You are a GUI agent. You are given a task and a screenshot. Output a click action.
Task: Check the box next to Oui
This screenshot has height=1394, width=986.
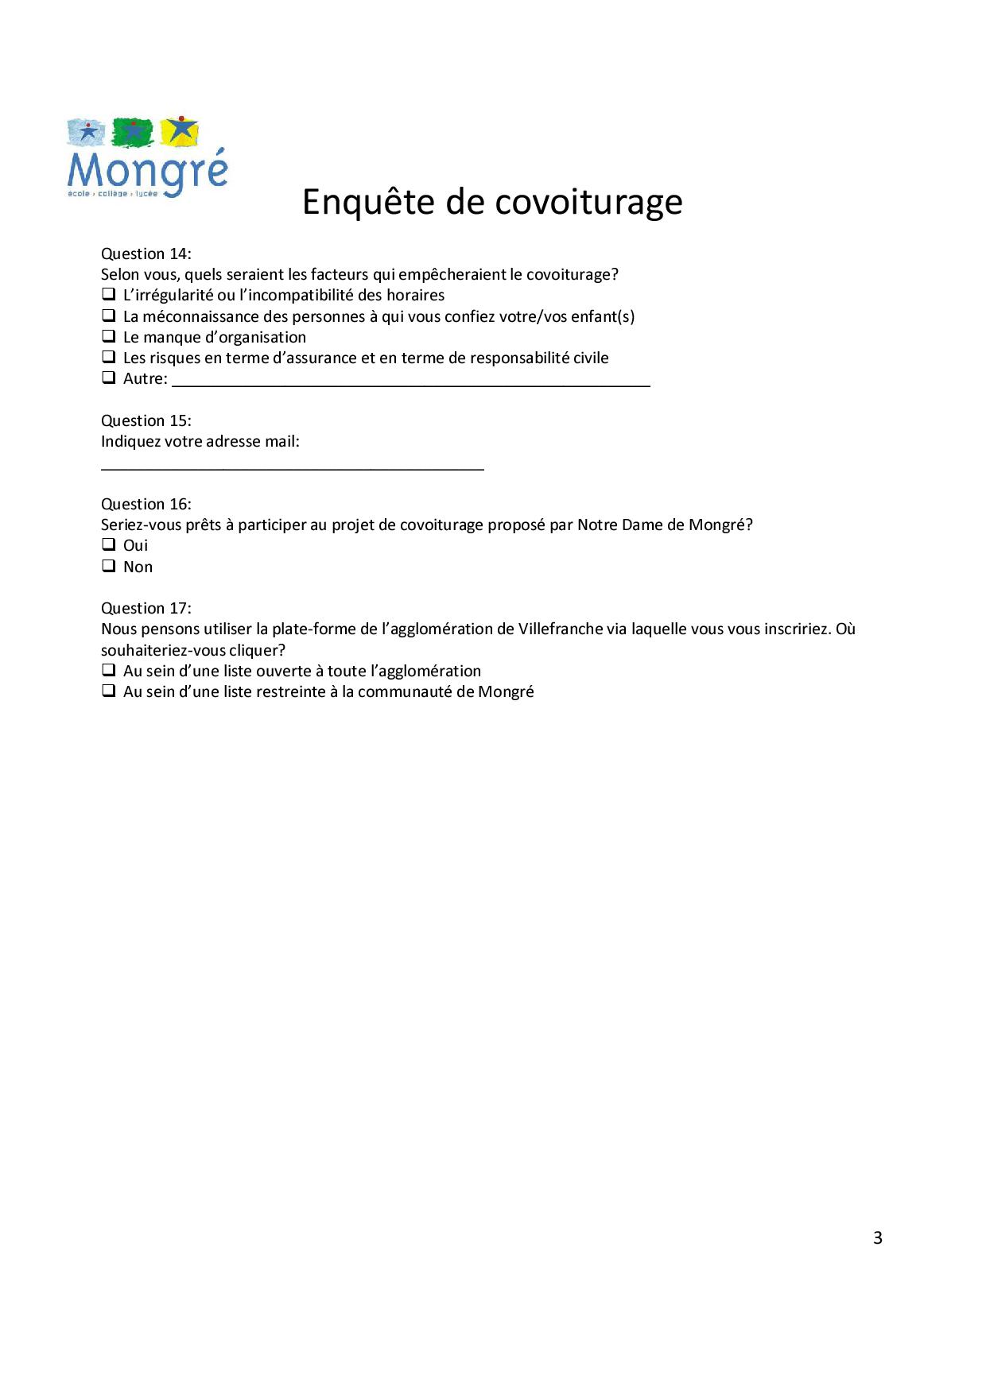click(108, 545)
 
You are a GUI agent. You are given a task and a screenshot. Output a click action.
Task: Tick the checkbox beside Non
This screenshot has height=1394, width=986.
click(108, 566)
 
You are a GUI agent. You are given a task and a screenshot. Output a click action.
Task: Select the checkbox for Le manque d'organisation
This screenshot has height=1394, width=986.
click(108, 336)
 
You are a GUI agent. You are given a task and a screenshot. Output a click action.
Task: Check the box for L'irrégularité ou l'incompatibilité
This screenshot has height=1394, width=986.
click(108, 294)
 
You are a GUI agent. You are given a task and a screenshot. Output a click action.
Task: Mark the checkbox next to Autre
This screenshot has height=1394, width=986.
click(108, 378)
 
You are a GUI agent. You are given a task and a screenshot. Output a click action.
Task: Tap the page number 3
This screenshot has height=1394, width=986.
click(878, 1237)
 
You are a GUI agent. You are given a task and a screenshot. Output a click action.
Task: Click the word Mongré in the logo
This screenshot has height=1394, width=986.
click(148, 171)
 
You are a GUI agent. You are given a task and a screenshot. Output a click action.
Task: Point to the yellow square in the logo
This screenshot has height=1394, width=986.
click(181, 132)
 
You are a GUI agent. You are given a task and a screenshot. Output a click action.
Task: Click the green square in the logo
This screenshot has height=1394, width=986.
click(133, 133)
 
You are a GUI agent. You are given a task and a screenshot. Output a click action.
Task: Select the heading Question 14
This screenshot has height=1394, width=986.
click(146, 254)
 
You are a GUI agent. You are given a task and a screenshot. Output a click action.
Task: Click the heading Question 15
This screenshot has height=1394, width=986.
click(146, 420)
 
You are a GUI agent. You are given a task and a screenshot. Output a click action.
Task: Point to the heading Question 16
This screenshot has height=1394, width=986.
click(146, 504)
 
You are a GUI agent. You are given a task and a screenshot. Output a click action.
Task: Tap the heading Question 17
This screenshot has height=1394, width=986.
click(146, 608)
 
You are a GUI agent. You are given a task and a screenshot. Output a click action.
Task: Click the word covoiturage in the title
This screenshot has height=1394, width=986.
click(588, 202)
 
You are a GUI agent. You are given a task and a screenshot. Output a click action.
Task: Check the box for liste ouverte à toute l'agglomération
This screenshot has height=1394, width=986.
click(108, 670)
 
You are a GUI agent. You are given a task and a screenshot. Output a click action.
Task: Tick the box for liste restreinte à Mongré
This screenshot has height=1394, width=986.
click(108, 691)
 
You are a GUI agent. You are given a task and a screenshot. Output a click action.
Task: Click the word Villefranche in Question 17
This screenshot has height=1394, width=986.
click(561, 629)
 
